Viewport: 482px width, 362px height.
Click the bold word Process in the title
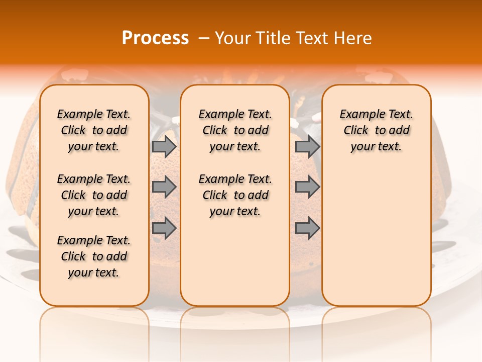coord(155,38)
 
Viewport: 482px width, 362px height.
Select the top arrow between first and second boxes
coord(164,146)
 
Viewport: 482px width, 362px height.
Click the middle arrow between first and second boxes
coord(164,187)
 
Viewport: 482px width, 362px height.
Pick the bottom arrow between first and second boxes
coord(164,228)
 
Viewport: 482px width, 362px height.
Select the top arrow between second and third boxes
coord(307,146)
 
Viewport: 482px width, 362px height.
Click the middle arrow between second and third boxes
coord(307,187)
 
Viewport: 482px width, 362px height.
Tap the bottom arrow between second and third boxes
coord(307,228)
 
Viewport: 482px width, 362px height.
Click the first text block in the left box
coord(94,130)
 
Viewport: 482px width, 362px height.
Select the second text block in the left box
coord(94,195)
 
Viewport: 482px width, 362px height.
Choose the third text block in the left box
coord(94,256)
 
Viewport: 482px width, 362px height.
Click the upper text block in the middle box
coord(235,130)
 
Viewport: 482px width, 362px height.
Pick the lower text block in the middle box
coord(235,195)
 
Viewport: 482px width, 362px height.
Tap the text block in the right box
coord(376,130)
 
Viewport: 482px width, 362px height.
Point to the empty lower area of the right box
coord(376,231)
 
